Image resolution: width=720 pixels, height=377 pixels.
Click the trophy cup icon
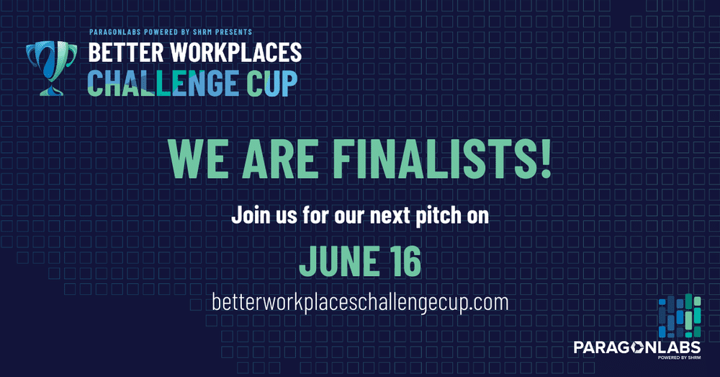tap(51, 68)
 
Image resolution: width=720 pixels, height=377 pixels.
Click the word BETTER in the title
tap(126, 53)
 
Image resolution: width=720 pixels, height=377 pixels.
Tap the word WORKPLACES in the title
tap(236, 53)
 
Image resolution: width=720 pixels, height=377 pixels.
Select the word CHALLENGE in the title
tap(163, 83)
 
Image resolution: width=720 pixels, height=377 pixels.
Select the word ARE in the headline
tap(280, 159)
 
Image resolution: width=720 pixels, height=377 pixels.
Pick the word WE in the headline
tap(199, 159)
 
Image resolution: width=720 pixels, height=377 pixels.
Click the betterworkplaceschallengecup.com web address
tap(361, 303)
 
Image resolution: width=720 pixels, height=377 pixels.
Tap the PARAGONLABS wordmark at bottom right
tap(637, 347)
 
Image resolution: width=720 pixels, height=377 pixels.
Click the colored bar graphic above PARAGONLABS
tap(680, 316)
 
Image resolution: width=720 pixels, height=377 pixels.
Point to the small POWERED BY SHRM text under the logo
tap(679, 358)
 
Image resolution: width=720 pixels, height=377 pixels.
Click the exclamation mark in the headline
tap(546, 159)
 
